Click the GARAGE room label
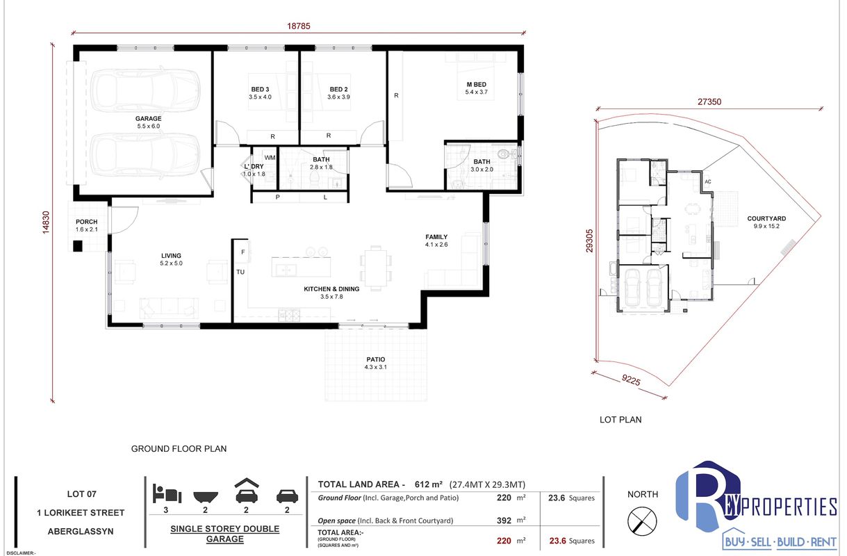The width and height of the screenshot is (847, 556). tap(148, 118)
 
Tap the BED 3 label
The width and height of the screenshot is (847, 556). tap(260, 89)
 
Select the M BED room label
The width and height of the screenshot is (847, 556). tap(477, 84)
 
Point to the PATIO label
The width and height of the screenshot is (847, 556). tap(375, 359)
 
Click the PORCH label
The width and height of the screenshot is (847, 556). tap(87, 222)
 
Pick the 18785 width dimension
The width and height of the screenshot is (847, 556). tap(299, 26)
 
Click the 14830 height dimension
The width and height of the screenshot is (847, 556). tap(46, 222)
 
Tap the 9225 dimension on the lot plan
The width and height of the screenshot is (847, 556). tap(631, 379)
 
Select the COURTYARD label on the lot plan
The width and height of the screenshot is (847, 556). tap(766, 219)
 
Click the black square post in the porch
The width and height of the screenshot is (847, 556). tap(78, 246)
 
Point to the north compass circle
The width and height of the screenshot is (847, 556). tap(642, 521)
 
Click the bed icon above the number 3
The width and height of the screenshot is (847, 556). tap(167, 493)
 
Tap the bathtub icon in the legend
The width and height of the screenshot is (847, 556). tap(205, 497)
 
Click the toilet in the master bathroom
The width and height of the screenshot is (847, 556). tap(507, 154)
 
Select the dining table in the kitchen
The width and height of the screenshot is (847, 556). tap(375, 268)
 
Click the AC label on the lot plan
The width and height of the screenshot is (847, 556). tap(708, 181)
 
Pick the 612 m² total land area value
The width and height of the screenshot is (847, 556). tap(429, 484)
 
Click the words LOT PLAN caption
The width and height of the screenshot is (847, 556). tap(620, 420)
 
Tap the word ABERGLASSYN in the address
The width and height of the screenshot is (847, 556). tap(81, 532)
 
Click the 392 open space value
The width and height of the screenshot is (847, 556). tap(504, 521)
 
